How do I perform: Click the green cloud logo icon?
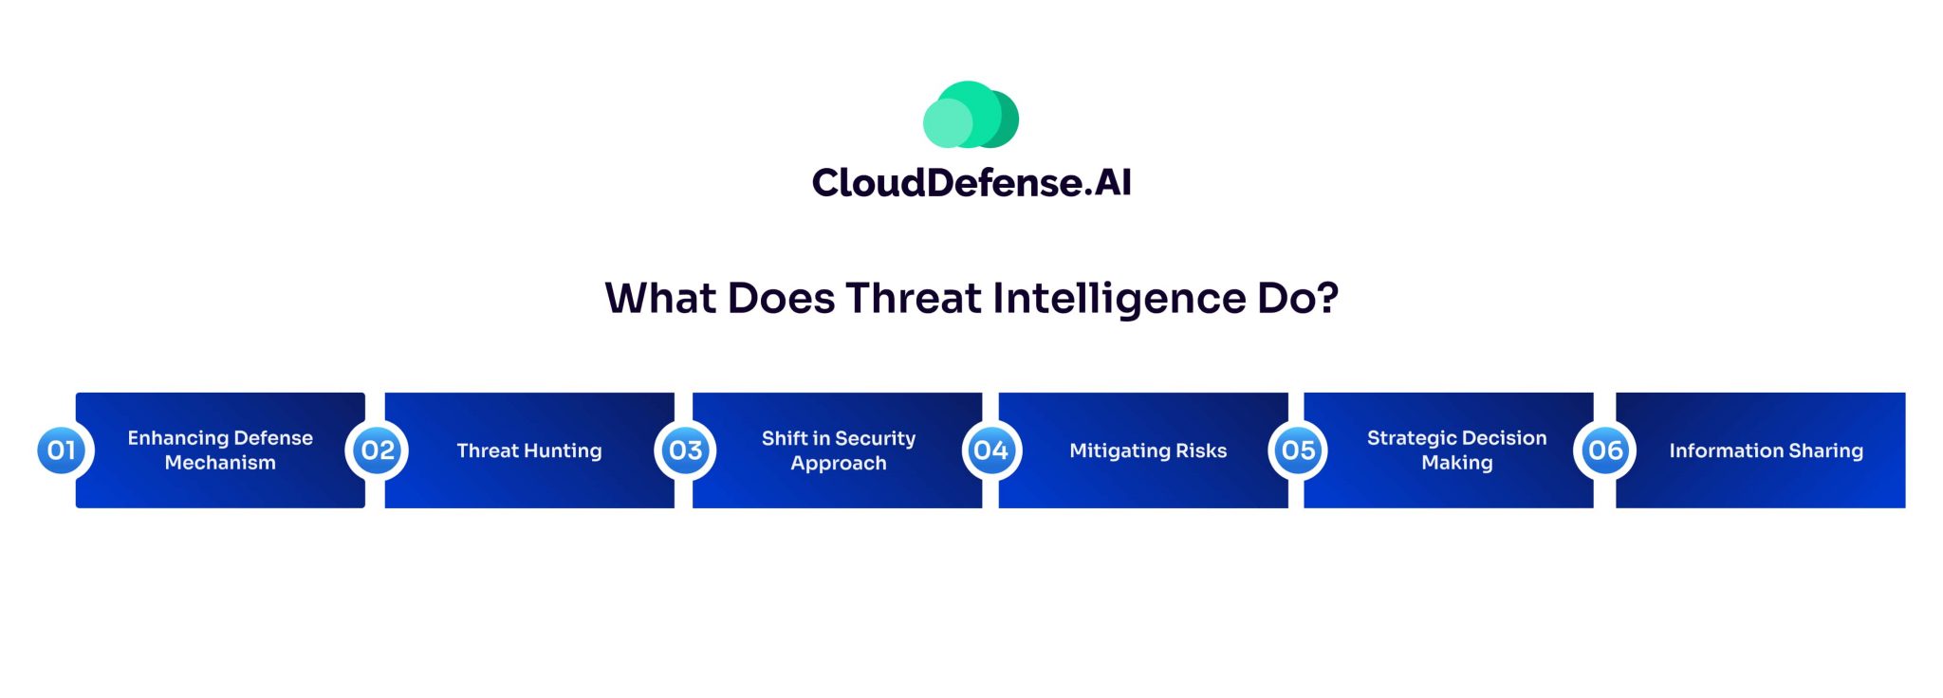[971, 115]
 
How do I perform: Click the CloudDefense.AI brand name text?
[971, 183]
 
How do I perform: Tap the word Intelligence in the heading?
[1119, 299]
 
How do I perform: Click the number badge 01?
[62, 450]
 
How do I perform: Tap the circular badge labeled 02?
[378, 450]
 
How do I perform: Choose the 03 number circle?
[686, 450]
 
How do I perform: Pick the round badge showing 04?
[990, 450]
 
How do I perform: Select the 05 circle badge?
[1299, 450]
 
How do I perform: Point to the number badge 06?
[1605, 450]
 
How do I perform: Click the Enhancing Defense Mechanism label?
[220, 450]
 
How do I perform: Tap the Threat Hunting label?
[529, 450]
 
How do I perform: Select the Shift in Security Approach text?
[839, 450]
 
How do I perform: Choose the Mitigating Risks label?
[1148, 450]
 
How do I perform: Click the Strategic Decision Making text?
[1456, 450]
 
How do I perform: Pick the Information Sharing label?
[1766, 450]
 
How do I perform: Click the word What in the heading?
[660, 299]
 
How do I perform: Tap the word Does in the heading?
[781, 299]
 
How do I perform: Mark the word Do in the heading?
[1286, 299]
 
